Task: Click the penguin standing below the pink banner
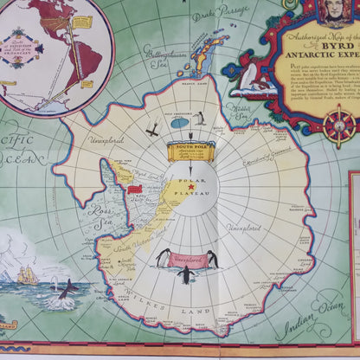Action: point(184,275)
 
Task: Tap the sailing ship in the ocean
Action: point(27,276)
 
